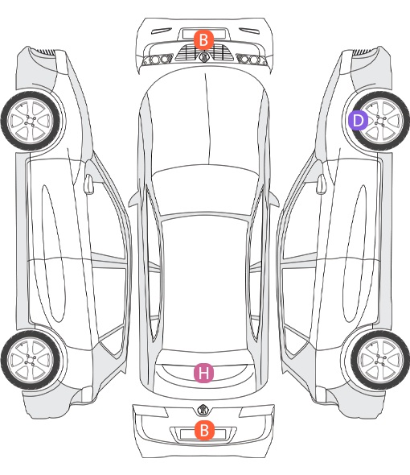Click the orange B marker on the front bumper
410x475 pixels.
pyautogui.click(x=203, y=39)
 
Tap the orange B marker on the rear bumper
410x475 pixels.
pyautogui.click(x=204, y=430)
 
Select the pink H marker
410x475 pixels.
pyautogui.click(x=203, y=373)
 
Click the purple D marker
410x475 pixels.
pyautogui.click(x=358, y=120)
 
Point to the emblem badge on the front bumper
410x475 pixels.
pyautogui.click(x=203, y=56)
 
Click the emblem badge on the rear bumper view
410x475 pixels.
pyautogui.click(x=203, y=410)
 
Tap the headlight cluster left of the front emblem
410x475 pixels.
pyautogui.click(x=158, y=60)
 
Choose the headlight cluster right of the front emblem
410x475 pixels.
pyautogui.click(x=252, y=60)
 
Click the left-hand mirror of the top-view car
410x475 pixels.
pyautogui.click(x=134, y=200)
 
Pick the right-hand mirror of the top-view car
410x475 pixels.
pyautogui.click(x=273, y=200)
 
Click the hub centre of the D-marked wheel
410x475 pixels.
pyautogui.click(x=379, y=121)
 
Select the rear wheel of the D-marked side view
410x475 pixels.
pyautogui.click(x=380, y=360)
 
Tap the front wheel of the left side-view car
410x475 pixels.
pyautogui.click(x=31, y=121)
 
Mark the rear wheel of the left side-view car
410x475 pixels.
pyautogui.click(x=31, y=360)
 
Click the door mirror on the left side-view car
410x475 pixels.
pyautogui.click(x=88, y=184)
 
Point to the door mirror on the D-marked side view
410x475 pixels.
pyautogui.click(x=321, y=184)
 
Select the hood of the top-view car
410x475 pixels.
pyautogui.click(x=204, y=118)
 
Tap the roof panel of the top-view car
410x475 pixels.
pyautogui.click(x=205, y=282)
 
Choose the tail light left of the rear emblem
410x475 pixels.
pyautogui.click(x=150, y=411)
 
